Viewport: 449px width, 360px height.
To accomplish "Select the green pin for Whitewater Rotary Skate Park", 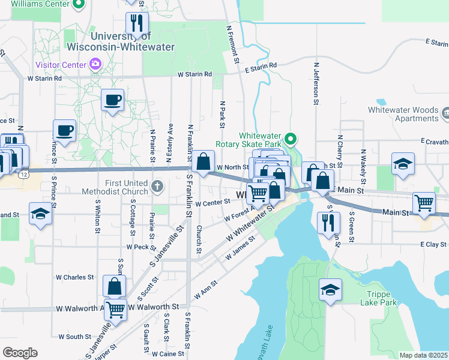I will point(291,140).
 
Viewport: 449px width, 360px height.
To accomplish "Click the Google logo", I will point(20,353).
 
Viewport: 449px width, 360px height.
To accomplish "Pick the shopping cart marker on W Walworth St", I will point(115,310).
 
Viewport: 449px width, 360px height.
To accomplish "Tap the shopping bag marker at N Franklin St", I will point(203,161).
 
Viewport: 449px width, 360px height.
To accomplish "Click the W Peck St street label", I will point(137,247).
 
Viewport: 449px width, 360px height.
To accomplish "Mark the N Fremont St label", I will point(232,46).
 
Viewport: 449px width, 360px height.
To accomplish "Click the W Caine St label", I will point(169,354).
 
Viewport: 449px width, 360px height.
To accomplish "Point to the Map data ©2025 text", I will point(423,355).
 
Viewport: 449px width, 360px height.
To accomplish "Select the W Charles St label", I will point(75,277).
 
